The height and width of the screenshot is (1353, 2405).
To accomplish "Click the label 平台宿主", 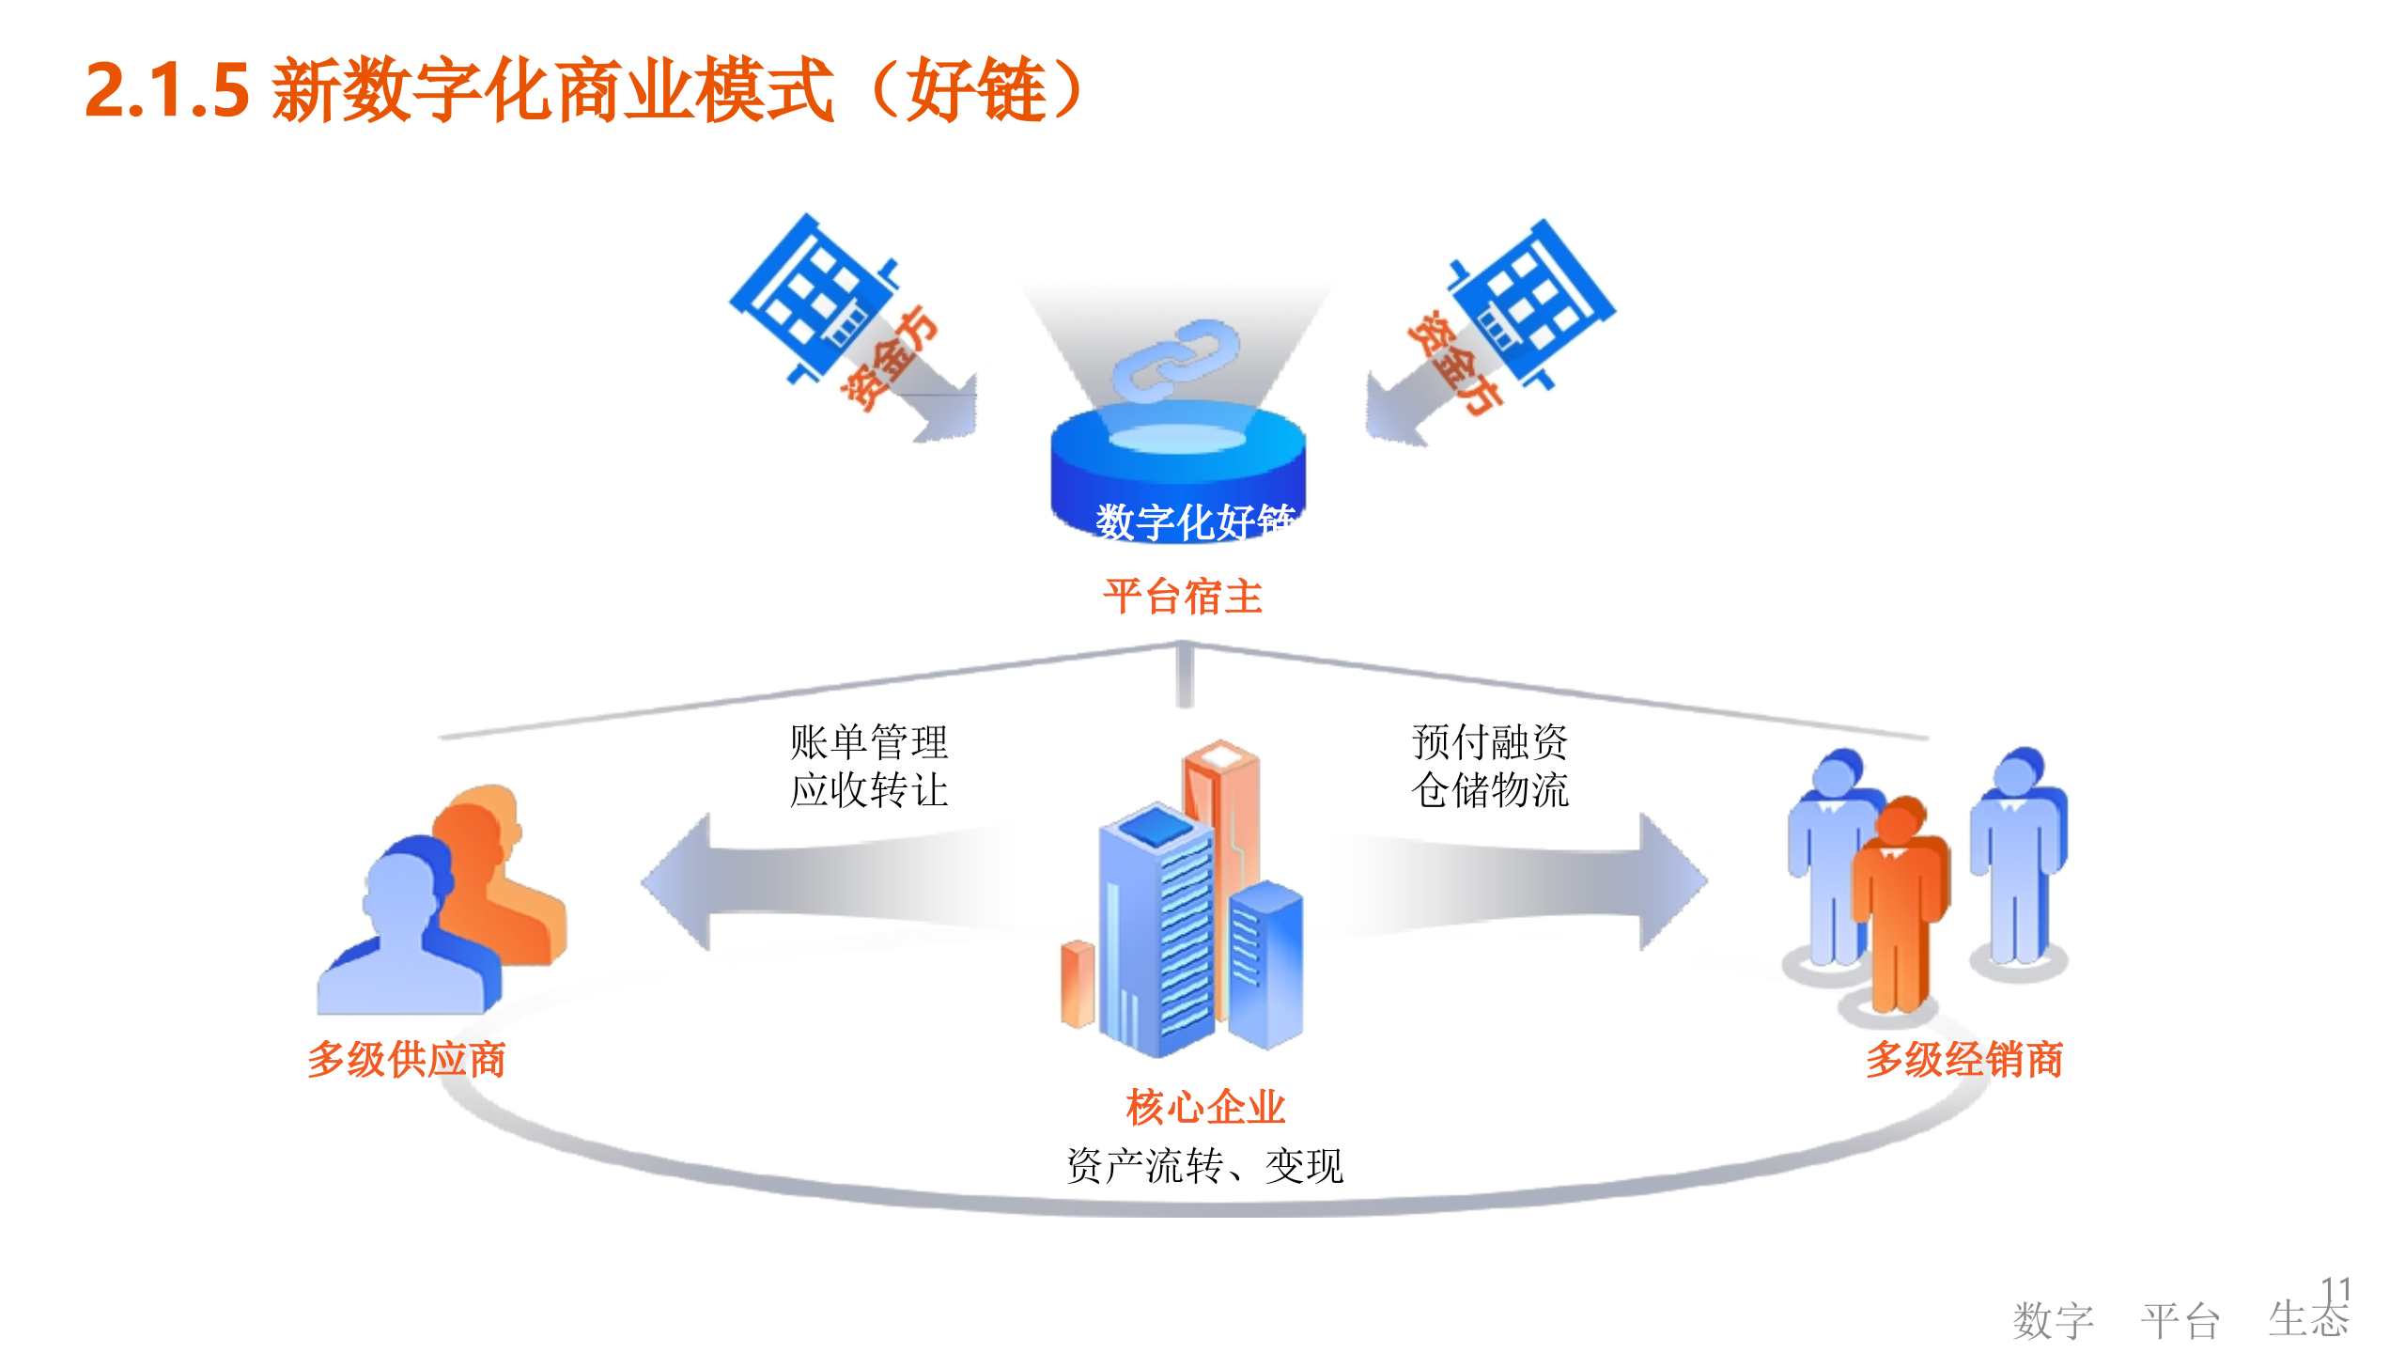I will pyautogui.click(x=1183, y=597).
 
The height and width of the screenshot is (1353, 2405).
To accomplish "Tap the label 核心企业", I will pyautogui.click(x=1205, y=1107).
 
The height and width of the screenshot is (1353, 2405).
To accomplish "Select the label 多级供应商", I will pyautogui.click(x=406, y=1059).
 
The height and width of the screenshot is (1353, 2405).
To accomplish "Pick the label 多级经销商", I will pyautogui.click(x=1963, y=1059).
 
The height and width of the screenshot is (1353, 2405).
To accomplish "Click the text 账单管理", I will pyautogui.click(x=868, y=741).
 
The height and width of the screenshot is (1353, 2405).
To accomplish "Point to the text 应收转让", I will pyautogui.click(x=868, y=789).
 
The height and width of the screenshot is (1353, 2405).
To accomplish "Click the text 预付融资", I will pyautogui.click(x=1490, y=741).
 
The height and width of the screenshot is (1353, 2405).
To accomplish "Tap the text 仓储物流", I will pyautogui.click(x=1490, y=789).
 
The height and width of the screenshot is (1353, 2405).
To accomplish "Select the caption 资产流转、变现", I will pyautogui.click(x=1205, y=1166).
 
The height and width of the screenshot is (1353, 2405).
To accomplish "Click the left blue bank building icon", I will pyautogui.click(x=813, y=296).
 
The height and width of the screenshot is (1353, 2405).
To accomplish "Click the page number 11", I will pyautogui.click(x=2335, y=1289).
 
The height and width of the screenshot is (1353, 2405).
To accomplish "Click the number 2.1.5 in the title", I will pyautogui.click(x=167, y=91).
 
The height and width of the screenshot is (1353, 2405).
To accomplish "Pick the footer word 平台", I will pyautogui.click(x=2180, y=1321).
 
